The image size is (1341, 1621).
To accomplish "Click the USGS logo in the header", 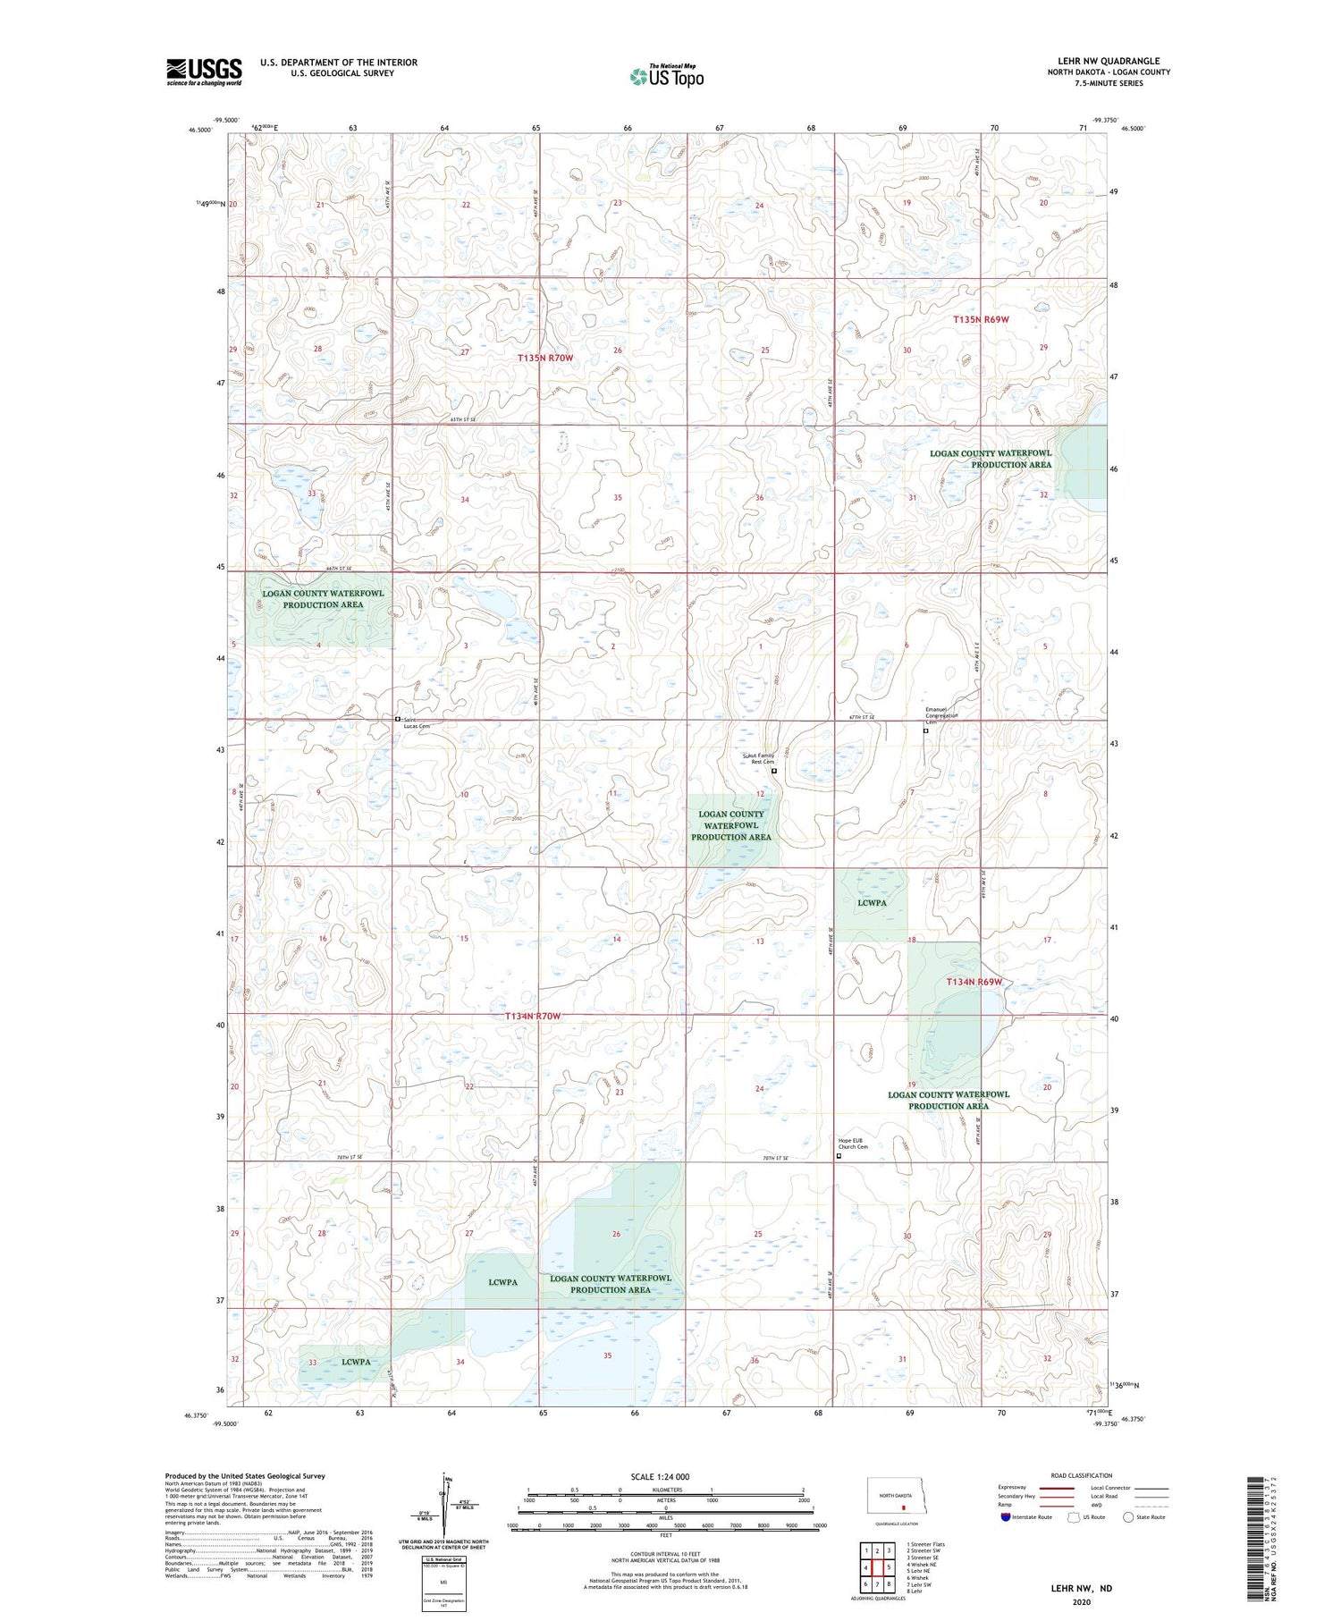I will click(x=204, y=72).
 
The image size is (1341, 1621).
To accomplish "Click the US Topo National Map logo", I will click(x=667, y=76).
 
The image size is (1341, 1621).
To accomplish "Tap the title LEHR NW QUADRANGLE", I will click(x=1109, y=61).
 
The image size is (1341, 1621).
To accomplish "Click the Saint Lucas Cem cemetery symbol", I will click(x=398, y=719).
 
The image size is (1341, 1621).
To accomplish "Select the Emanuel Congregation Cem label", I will click(x=940, y=715).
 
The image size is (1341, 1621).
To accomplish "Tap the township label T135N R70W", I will click(x=544, y=358).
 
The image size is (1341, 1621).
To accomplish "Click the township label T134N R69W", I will click(x=974, y=982).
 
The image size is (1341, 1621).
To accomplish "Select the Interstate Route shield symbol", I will click(x=1006, y=1516).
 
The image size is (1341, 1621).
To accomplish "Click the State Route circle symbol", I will click(x=1128, y=1516).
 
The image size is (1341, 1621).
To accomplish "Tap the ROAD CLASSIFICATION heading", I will click(x=1082, y=1475).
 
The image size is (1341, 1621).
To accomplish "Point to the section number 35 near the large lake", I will click(x=608, y=1355).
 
